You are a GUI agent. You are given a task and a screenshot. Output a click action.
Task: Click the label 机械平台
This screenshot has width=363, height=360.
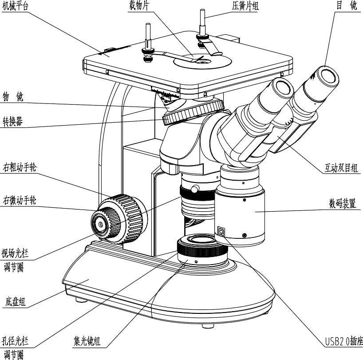point(14,7)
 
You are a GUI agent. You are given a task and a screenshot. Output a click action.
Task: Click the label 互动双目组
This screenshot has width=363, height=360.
point(342,168)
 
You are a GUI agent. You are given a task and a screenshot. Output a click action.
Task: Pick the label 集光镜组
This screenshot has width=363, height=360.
point(87,341)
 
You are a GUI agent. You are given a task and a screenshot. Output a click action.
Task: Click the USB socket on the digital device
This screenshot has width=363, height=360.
point(222,231)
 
